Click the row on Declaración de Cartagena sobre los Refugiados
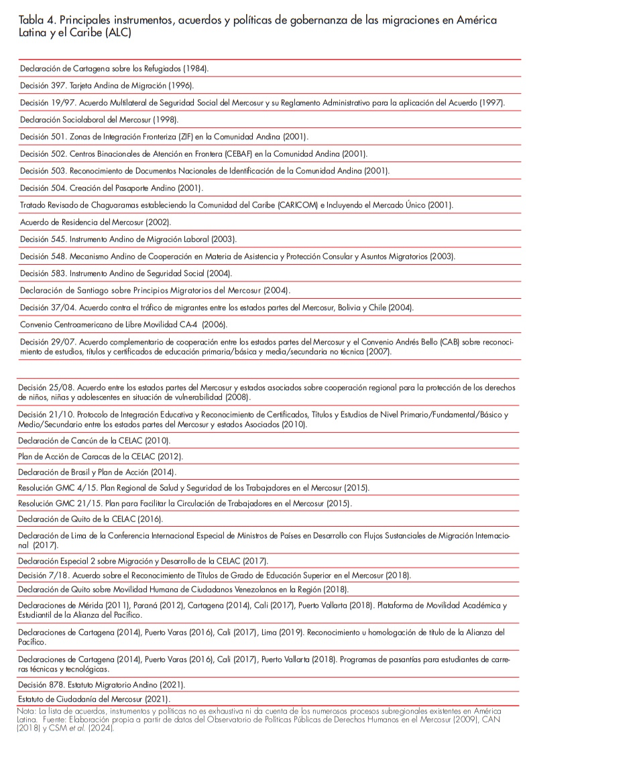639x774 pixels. tap(114, 68)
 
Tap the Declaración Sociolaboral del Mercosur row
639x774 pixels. tap(99, 119)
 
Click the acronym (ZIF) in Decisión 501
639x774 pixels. tap(190, 137)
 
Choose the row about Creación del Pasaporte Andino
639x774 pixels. tap(111, 188)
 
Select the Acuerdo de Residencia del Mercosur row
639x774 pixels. tap(95, 222)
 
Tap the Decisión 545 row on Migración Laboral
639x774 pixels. tap(128, 239)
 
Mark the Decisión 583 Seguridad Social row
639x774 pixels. tap(126, 273)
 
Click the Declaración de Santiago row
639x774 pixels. tap(155, 290)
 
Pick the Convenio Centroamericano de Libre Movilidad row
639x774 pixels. tap(123, 324)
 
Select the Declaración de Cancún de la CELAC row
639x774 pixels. tap(94, 440)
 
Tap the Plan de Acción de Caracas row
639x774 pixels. tap(100, 456)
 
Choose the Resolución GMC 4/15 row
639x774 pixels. tap(193, 488)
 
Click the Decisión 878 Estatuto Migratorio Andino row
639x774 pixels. tap(101, 684)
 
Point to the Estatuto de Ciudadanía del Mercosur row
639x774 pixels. tap(94, 699)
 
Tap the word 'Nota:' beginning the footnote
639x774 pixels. tap(26, 710)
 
